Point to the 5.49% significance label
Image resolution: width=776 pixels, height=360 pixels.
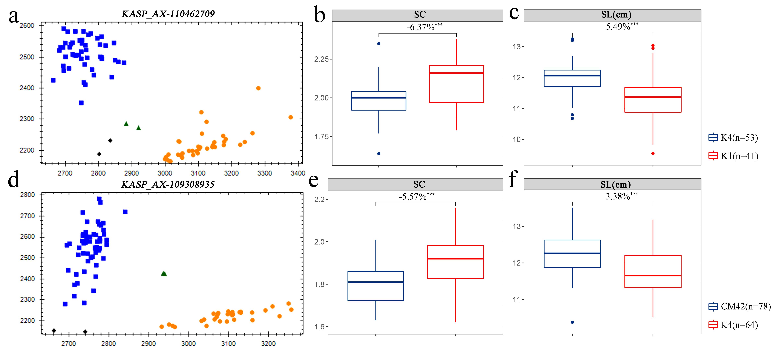click(x=622, y=27)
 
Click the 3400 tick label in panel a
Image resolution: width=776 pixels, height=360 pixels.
click(x=298, y=173)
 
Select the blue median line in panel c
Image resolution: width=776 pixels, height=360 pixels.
click(x=572, y=76)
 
